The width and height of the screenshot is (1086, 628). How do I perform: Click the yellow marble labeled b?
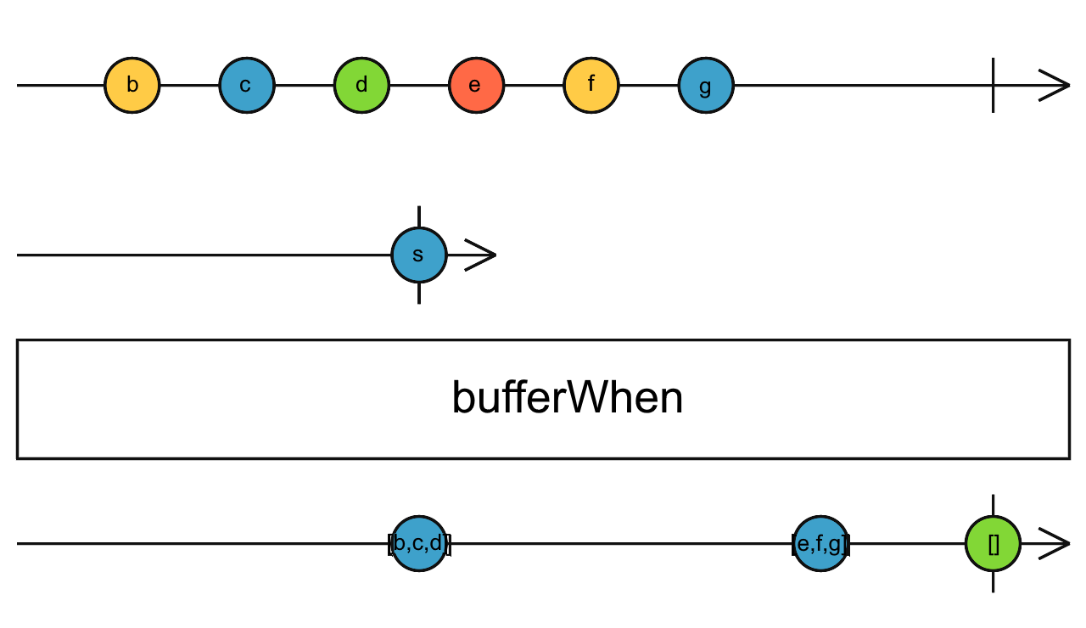pos(132,86)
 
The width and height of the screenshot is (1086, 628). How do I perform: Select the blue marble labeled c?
pos(246,86)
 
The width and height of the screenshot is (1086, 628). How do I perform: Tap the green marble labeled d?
pos(361,86)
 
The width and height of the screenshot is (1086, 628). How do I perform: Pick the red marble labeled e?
pos(476,86)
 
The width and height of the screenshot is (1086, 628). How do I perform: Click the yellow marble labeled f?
pos(591,86)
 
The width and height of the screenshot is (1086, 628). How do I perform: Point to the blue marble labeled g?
pos(706,86)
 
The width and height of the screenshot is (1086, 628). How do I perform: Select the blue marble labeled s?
pos(418,255)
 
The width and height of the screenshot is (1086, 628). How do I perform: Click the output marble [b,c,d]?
pos(419,543)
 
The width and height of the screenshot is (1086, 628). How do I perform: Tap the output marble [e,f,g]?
pos(820,543)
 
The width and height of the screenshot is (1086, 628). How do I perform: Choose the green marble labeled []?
pos(993,543)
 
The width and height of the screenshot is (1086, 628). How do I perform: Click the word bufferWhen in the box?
pos(567,398)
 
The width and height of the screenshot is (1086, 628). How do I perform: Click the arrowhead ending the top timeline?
pos(1056,86)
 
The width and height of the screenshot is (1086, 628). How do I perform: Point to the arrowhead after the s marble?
pos(481,255)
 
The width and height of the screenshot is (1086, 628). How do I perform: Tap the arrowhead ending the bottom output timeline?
pos(1055,543)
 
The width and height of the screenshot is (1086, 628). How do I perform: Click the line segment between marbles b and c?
pos(189,86)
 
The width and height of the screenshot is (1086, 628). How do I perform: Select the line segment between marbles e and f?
pos(534,86)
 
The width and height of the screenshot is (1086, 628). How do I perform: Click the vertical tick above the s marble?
pos(419,216)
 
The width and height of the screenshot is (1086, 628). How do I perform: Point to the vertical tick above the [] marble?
pos(993,505)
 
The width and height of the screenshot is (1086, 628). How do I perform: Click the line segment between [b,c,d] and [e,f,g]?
pos(619,543)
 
